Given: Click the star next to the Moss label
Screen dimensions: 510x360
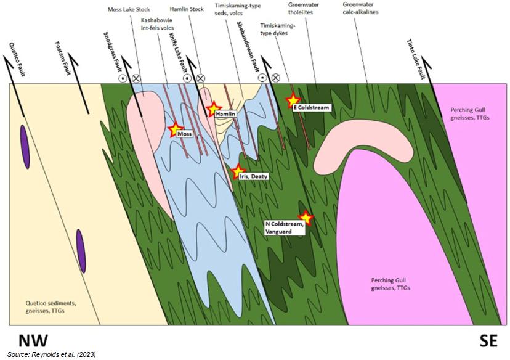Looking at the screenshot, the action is (x=176, y=129).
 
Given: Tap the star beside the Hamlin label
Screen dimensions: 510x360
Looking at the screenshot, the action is (x=214, y=108).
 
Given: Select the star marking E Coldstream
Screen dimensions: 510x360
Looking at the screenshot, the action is (x=293, y=100).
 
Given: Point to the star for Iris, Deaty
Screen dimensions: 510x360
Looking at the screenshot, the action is (x=238, y=171).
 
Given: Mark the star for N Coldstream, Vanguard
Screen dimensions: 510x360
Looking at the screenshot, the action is (x=306, y=218).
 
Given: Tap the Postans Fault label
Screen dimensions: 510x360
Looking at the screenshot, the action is (x=62, y=58).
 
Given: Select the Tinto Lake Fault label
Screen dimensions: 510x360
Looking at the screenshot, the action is (x=416, y=59).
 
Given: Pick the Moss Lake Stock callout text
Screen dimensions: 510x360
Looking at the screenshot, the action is (x=129, y=9).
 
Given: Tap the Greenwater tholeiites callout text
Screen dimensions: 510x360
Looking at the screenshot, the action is (x=304, y=9).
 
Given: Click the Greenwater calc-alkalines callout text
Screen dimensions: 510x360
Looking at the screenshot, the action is (x=360, y=9).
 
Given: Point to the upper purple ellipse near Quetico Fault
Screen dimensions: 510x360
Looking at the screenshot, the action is (x=25, y=147).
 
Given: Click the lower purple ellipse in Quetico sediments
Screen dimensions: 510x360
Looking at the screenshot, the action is (x=81, y=251).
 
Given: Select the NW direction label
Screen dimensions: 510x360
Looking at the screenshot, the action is (x=33, y=340).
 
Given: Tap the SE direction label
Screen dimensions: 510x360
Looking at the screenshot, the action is (x=488, y=340).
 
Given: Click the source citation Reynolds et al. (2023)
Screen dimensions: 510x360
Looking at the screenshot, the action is (x=51, y=354).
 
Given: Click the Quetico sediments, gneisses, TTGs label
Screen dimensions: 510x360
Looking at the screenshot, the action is (x=51, y=307).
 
